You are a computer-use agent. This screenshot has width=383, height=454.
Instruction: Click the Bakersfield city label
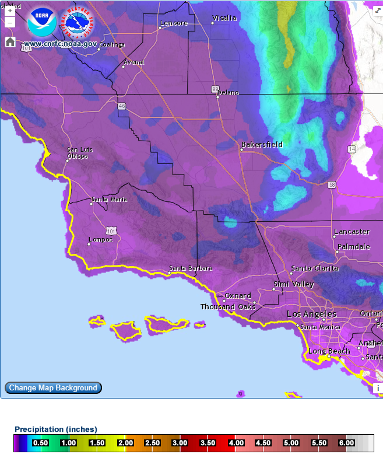click(x=262, y=144)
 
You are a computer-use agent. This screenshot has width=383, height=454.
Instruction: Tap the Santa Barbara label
click(x=190, y=268)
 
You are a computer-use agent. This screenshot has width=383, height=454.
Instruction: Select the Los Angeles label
click(x=311, y=314)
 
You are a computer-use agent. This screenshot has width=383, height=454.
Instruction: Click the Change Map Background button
click(x=53, y=387)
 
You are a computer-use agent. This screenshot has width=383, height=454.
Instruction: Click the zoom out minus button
click(x=10, y=23)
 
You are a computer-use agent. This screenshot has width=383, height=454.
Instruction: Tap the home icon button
click(x=10, y=41)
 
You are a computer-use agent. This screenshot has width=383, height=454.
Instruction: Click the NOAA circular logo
click(x=42, y=23)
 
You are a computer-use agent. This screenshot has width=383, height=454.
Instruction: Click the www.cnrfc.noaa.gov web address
click(x=61, y=44)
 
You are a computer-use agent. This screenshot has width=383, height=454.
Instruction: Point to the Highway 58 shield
click(x=332, y=184)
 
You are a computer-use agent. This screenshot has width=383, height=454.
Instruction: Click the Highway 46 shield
click(x=121, y=106)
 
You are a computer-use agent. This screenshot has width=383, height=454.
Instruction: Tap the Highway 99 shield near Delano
click(x=215, y=89)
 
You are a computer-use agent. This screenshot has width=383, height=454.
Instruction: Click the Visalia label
click(x=224, y=18)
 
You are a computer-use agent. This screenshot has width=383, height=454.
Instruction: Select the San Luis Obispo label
click(x=78, y=153)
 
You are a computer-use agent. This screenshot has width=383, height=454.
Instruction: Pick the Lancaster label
click(x=352, y=232)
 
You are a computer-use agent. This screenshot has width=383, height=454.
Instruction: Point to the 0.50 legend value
click(x=40, y=443)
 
